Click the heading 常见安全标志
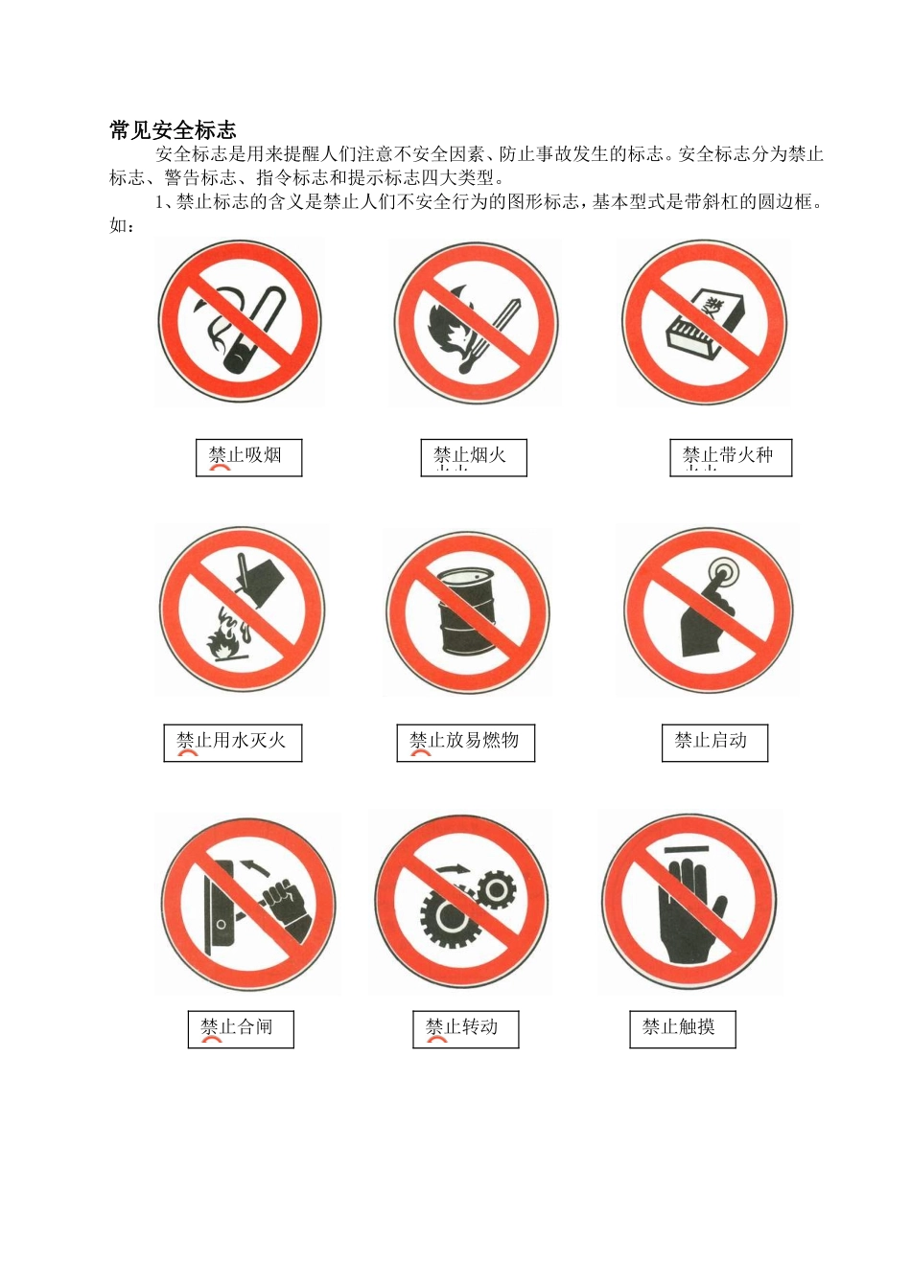(x=173, y=130)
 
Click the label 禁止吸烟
(x=247, y=456)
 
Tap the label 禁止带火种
(x=729, y=456)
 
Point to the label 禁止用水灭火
(x=232, y=741)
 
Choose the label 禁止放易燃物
(x=465, y=741)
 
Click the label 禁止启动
(x=712, y=741)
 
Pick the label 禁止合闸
(x=239, y=1028)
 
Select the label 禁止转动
(x=464, y=1028)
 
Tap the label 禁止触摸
(x=681, y=1028)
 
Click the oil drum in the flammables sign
(x=466, y=613)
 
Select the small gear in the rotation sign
(x=496, y=890)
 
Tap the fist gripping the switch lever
(x=286, y=903)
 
